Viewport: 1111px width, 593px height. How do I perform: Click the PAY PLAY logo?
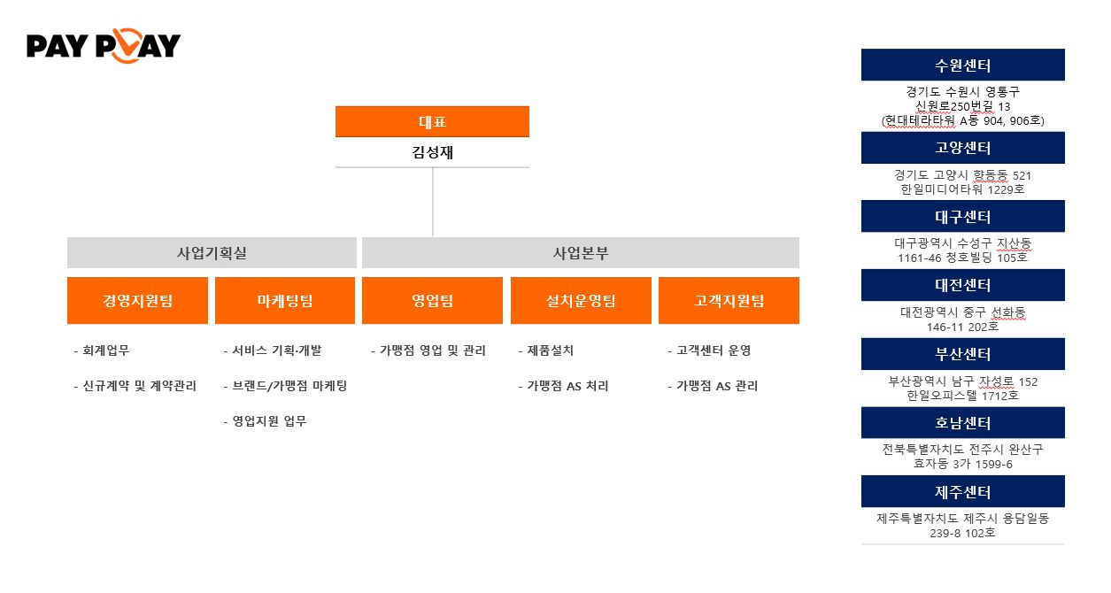(x=104, y=46)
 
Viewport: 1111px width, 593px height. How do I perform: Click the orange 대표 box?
(x=432, y=122)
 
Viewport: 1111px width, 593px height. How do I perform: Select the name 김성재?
(x=432, y=152)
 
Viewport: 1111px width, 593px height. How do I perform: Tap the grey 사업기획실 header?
(x=212, y=253)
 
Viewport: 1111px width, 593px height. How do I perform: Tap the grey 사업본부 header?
(x=580, y=253)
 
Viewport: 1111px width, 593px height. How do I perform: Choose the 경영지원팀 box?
(x=137, y=301)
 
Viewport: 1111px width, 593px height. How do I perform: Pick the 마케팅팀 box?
(x=284, y=301)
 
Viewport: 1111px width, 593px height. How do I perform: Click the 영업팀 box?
(x=432, y=301)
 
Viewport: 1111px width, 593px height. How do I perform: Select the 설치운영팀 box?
(x=581, y=301)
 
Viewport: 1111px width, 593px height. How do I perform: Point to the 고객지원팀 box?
(x=729, y=301)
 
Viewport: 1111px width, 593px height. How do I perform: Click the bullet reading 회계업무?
(x=104, y=350)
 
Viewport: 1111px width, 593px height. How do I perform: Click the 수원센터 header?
(x=962, y=65)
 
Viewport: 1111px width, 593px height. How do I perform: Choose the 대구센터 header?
(x=962, y=217)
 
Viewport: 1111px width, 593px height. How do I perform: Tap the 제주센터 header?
(x=962, y=492)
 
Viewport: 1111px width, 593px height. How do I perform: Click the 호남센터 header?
(x=962, y=423)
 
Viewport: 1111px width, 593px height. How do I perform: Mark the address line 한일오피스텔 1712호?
(x=962, y=396)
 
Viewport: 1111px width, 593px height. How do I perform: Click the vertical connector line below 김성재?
(x=433, y=202)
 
